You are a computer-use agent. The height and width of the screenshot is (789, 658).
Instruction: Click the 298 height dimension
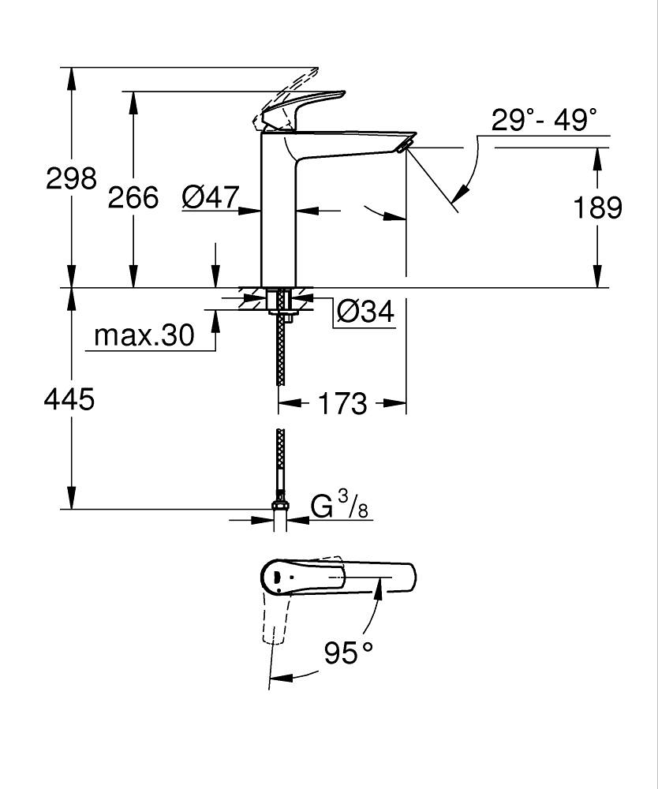(71, 178)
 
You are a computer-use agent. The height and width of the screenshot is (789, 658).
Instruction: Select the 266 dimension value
(133, 197)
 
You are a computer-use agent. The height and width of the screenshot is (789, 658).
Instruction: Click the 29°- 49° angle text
(544, 121)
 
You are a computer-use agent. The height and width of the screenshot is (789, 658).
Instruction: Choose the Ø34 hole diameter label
(365, 312)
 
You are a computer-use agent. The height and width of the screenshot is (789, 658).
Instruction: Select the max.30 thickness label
(144, 336)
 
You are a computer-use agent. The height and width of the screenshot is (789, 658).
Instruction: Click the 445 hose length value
(69, 399)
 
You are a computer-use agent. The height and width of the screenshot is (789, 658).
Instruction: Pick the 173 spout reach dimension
(343, 404)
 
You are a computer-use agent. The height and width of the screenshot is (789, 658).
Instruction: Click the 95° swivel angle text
(348, 653)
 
